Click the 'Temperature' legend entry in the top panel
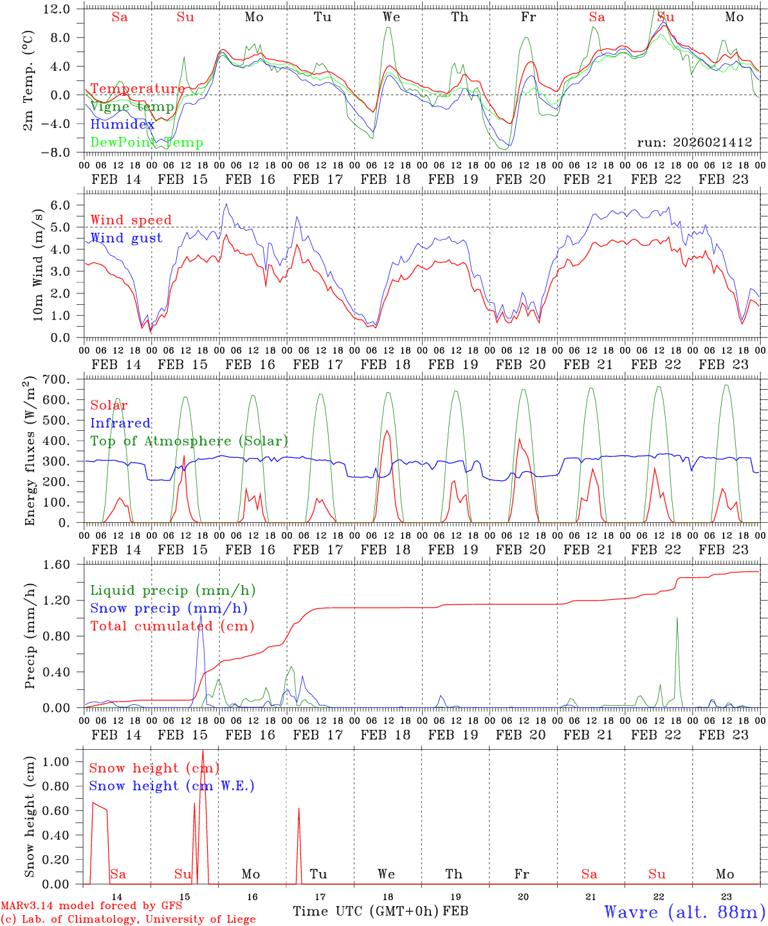(x=137, y=89)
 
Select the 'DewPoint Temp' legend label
(x=147, y=143)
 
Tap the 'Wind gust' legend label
(x=126, y=238)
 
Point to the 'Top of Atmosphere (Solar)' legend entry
(x=188, y=441)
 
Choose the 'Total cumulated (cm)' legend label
(x=172, y=626)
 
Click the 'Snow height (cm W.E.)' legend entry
(x=172, y=786)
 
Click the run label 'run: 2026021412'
(x=694, y=143)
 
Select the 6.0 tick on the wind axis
(x=69, y=205)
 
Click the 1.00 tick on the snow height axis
(x=65, y=761)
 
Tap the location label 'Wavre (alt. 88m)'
(x=684, y=912)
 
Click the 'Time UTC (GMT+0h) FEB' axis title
(x=380, y=911)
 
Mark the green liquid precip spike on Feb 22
(x=677, y=618)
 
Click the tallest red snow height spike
(x=203, y=751)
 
